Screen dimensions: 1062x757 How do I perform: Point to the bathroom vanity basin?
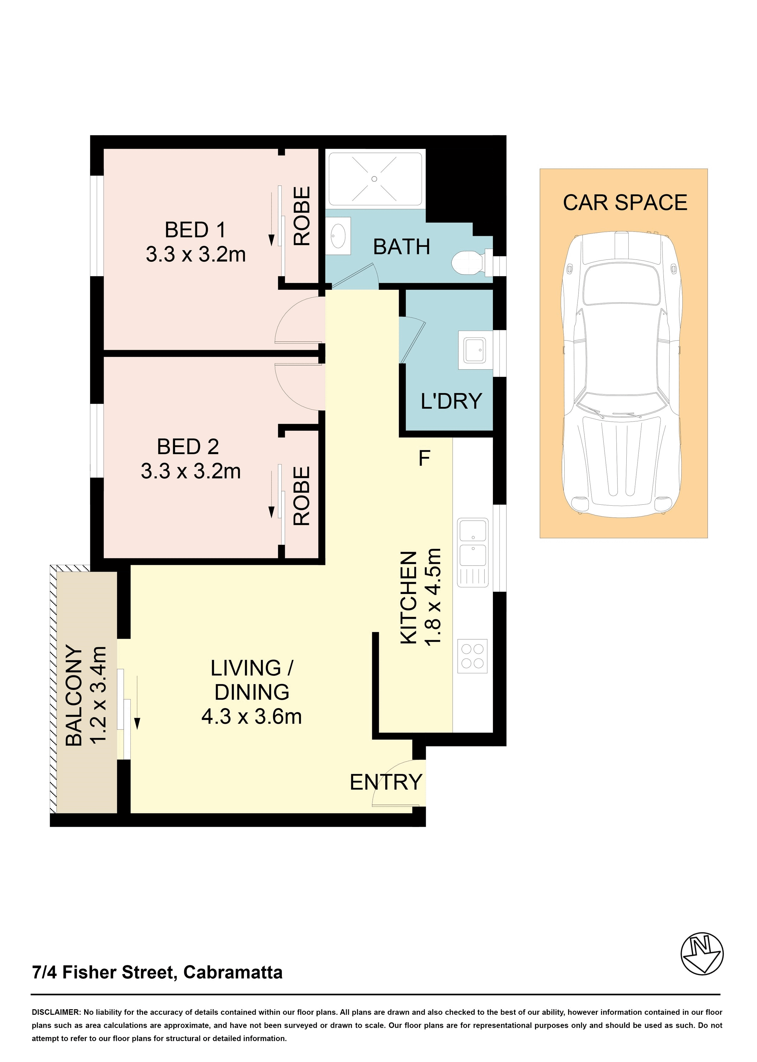pyautogui.click(x=337, y=236)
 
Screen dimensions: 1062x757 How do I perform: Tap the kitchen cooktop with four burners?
pyautogui.click(x=472, y=656)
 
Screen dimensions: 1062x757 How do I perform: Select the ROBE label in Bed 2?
pyautogui.click(x=302, y=496)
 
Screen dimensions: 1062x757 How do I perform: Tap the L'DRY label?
pyautogui.click(x=451, y=401)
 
